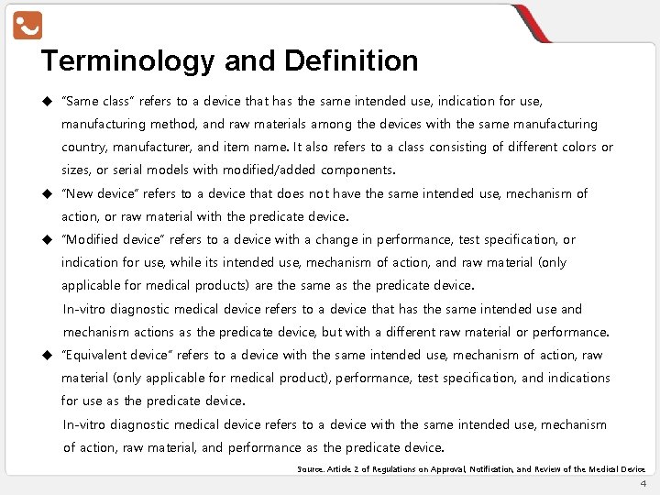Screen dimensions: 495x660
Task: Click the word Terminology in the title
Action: pos(126,61)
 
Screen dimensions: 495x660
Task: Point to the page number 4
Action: pos(643,483)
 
